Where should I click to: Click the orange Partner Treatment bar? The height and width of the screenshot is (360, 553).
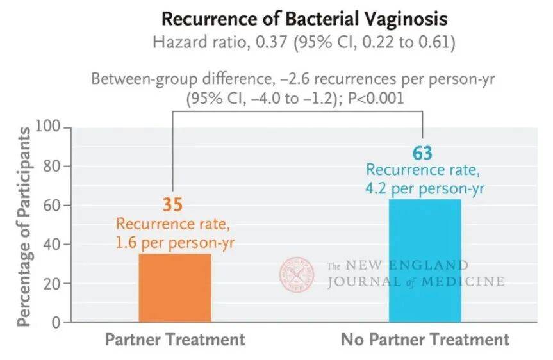click(174, 288)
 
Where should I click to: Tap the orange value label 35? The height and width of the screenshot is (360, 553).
click(172, 205)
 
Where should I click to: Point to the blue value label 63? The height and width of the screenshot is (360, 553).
click(422, 154)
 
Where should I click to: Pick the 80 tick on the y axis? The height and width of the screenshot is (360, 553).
click(51, 167)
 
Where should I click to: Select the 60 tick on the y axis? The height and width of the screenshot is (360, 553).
click(51, 206)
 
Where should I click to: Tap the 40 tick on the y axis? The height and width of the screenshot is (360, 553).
click(51, 245)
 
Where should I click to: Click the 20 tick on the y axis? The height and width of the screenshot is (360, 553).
click(51, 284)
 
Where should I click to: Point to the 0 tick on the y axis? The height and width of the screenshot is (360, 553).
click(56, 322)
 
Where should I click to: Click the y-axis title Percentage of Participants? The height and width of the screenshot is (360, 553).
click(23, 227)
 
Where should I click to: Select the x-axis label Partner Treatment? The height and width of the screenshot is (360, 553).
click(174, 340)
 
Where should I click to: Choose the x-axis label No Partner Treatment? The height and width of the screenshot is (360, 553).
click(425, 340)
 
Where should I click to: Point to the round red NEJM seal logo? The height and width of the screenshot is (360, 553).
click(297, 274)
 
